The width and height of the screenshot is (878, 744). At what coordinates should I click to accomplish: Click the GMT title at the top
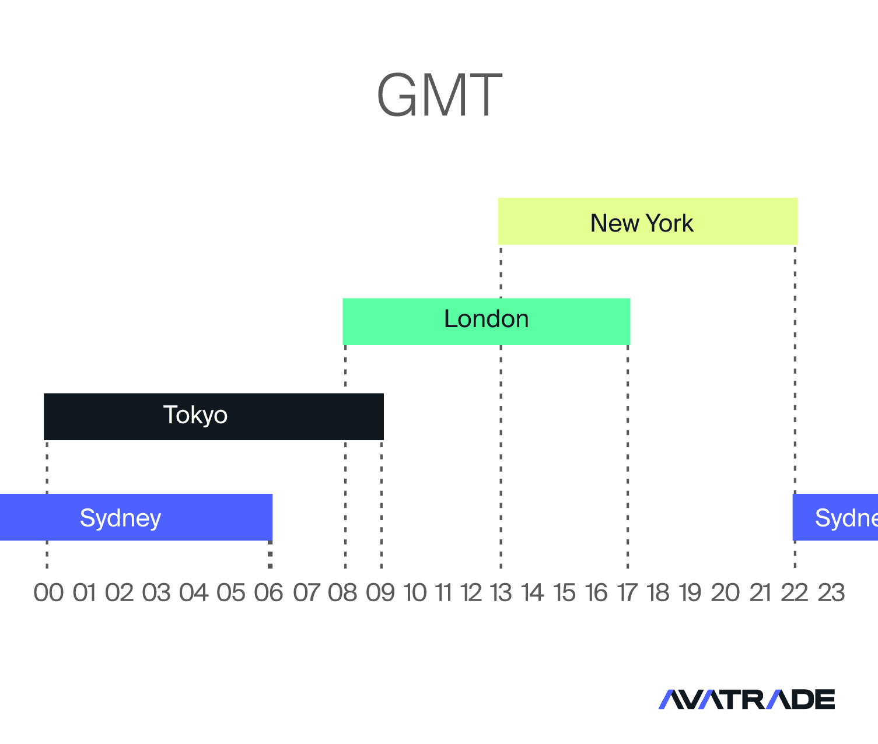[440, 94]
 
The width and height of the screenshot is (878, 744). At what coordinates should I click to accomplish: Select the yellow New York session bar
[648, 221]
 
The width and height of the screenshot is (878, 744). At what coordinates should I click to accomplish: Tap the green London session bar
[487, 321]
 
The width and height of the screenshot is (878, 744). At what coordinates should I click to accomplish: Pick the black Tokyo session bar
[214, 416]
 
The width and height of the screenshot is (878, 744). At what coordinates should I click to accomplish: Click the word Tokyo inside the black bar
[195, 415]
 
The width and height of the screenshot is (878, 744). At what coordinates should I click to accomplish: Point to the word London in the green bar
[487, 319]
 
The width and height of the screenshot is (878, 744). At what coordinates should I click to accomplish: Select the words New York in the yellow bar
[642, 223]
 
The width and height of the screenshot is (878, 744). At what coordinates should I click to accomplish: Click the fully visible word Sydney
[121, 518]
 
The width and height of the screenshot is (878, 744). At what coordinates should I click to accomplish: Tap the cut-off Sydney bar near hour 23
[835, 517]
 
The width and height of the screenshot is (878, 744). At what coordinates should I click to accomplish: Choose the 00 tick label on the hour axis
[48, 593]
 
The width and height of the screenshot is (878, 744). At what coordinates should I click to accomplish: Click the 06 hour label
[268, 593]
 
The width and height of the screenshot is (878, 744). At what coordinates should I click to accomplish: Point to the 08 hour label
[342, 593]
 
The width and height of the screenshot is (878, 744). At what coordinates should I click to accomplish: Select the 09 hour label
[380, 593]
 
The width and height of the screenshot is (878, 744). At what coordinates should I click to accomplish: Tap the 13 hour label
[501, 593]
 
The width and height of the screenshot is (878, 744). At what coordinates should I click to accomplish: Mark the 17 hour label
[627, 593]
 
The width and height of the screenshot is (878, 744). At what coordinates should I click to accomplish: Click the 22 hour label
[795, 593]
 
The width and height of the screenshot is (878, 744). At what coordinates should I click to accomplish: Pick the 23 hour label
[831, 593]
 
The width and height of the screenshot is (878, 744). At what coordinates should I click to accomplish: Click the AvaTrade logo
[747, 700]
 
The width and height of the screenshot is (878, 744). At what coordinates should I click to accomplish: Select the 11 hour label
[443, 593]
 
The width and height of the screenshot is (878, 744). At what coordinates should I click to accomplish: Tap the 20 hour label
[725, 593]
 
